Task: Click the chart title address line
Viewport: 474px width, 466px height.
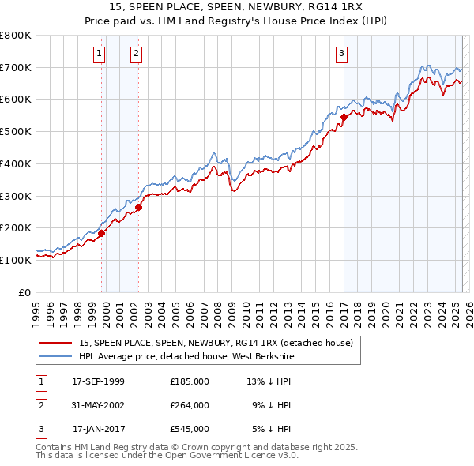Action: click(x=237, y=6)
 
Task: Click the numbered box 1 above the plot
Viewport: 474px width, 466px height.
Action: click(x=100, y=54)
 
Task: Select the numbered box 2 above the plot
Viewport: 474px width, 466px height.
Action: click(x=137, y=54)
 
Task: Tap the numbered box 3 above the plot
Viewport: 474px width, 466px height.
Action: click(x=341, y=54)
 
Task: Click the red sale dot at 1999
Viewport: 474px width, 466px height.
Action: click(x=102, y=233)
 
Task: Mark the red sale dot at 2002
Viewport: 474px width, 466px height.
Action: click(x=138, y=208)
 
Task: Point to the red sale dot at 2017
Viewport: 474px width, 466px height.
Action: click(x=344, y=118)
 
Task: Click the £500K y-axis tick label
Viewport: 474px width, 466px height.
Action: click(x=16, y=132)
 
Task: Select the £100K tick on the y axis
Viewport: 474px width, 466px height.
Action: click(x=16, y=260)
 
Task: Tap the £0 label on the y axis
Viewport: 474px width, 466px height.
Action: click(x=25, y=292)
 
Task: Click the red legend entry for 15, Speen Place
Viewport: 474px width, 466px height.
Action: click(x=220, y=343)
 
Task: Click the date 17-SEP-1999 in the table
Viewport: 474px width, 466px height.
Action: click(x=98, y=381)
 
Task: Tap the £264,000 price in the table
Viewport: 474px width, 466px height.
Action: click(x=190, y=406)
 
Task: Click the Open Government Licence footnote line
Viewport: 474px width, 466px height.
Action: click(x=167, y=455)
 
